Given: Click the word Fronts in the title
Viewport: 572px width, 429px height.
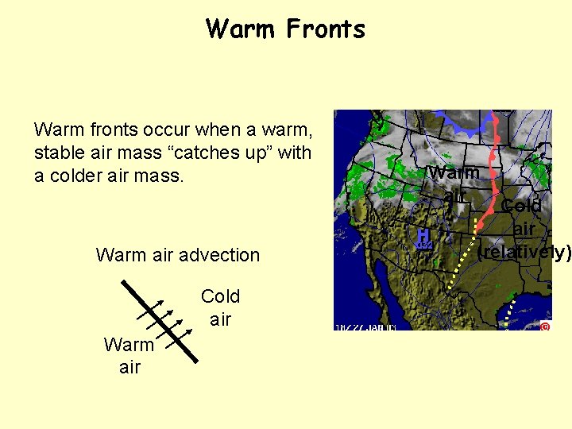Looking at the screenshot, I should (x=326, y=29).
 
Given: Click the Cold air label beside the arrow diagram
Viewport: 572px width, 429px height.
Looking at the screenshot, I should (x=220, y=307).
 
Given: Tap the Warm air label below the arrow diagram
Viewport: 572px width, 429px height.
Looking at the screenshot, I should (x=129, y=355).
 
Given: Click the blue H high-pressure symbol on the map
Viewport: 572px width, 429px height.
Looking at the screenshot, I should (x=423, y=237).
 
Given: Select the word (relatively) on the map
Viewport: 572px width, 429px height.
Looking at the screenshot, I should (x=524, y=253).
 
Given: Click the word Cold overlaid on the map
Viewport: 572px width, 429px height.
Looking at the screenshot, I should (x=521, y=206).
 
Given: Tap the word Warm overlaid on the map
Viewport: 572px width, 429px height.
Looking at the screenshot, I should (x=454, y=172).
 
